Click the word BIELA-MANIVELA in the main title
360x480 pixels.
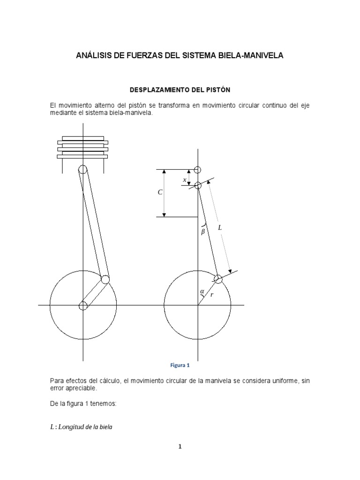pos(254,56)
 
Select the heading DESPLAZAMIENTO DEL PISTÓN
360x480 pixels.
pos(180,89)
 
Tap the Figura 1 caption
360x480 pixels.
pos(180,365)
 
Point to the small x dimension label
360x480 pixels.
pos(184,180)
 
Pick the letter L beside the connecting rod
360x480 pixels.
pos(219,227)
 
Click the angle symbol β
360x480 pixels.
pos(203,231)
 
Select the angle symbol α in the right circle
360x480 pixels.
pos(202,292)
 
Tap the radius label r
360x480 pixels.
pos(212,295)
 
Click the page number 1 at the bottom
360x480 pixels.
pos(180,446)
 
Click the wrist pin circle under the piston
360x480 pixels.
pos(82,170)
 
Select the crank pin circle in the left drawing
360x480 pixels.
pos(105,279)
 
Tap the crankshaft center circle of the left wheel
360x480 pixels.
pos(83,306)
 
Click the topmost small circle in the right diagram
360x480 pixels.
pos(198,170)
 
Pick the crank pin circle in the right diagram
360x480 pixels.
pos(218,279)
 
